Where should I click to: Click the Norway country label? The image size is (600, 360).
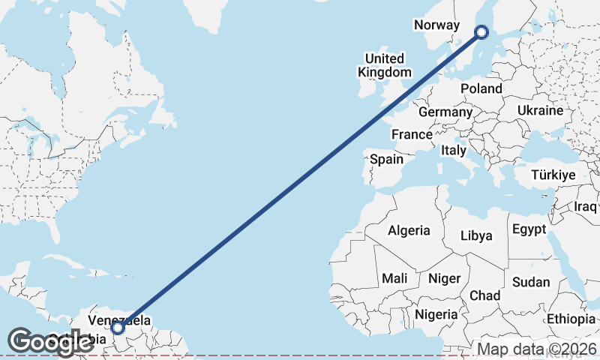point(436,25)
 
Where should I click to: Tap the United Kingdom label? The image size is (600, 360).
point(385,65)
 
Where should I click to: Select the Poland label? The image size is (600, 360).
point(481,88)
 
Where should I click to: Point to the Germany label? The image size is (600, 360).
point(445,112)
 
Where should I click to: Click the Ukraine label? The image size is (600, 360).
point(540,110)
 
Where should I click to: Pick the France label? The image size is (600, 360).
point(412,135)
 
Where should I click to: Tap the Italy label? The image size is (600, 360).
point(454,150)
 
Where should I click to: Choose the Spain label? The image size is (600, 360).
point(387,159)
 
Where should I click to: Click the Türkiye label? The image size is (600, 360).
point(553,175)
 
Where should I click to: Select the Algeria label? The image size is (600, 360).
point(409,230)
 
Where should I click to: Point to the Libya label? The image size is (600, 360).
point(476,235)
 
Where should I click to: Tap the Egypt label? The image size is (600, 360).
point(529,229)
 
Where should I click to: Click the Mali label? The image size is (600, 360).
point(394,278)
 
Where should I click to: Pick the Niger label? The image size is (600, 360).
point(444,278)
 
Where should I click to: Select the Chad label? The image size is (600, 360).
point(485,295)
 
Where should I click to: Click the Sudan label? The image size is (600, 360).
point(531,283)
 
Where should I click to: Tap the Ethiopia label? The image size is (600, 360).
point(571,319)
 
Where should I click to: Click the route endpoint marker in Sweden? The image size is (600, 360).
point(482,31)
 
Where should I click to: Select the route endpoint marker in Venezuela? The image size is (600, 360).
point(117,327)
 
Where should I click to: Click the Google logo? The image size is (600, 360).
point(50,342)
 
